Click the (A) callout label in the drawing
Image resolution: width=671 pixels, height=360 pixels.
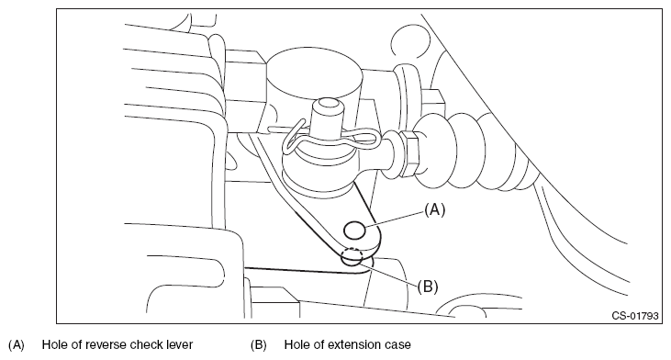434,209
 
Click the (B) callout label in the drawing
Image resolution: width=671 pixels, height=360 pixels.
428,287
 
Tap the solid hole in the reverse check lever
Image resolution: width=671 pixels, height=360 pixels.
354,231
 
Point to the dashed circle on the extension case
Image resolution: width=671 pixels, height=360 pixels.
352,256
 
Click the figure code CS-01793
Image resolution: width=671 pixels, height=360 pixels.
634,316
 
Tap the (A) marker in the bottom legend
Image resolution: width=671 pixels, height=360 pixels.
17,345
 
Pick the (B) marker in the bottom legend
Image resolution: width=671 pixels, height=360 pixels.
259,345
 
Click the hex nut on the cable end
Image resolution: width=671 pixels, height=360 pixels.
411,153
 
